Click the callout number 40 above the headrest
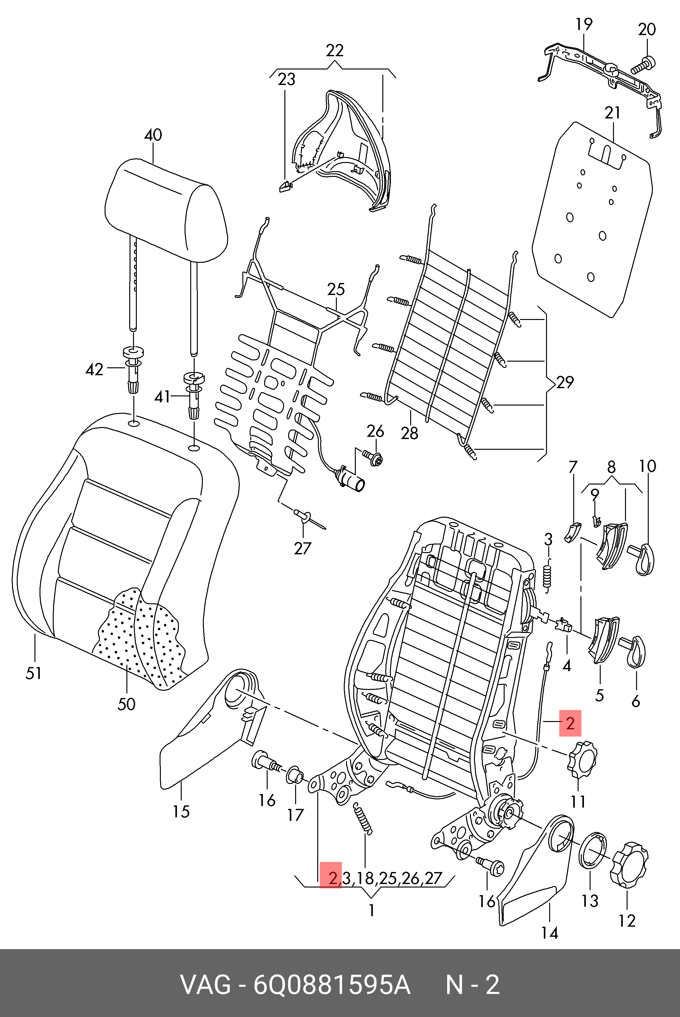tap(153, 135)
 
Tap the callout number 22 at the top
tap(334, 51)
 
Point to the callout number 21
tap(612, 113)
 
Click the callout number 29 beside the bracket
tap(565, 382)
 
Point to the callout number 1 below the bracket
tap(371, 910)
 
